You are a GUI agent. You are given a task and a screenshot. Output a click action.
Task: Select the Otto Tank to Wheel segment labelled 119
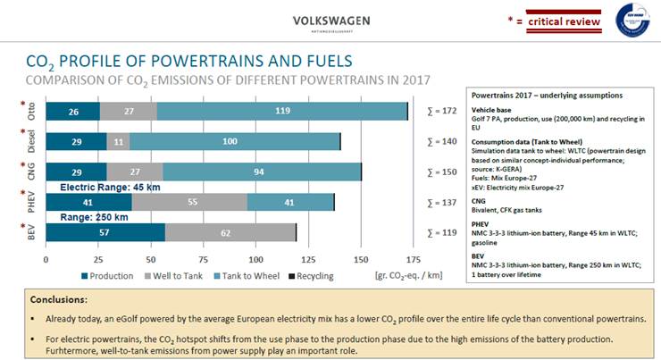click(x=281, y=112)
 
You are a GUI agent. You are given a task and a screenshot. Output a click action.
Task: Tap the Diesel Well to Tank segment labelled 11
click(x=120, y=142)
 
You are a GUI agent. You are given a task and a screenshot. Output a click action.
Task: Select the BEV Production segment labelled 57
click(x=105, y=232)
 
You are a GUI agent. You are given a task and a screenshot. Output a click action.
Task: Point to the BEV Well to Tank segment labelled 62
click(x=230, y=232)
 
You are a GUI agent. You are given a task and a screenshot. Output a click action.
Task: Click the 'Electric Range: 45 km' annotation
click(x=110, y=188)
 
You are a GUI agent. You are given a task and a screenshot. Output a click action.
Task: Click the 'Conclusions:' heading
click(x=58, y=300)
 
